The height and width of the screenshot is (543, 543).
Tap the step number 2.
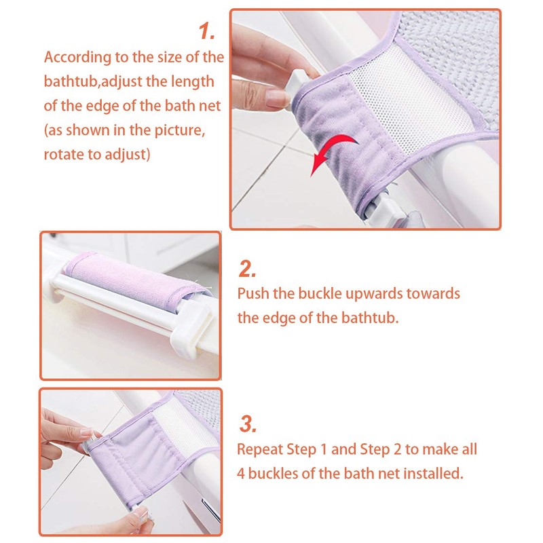(247, 269)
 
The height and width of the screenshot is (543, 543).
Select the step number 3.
(248, 424)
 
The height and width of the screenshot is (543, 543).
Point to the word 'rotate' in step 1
(64, 154)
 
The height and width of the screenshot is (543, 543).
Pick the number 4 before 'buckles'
(241, 474)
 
